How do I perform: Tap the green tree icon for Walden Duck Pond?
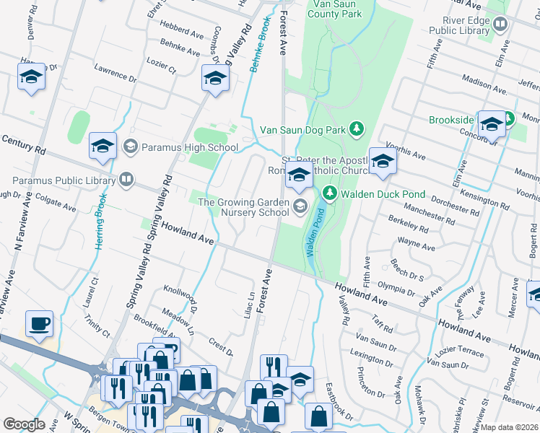pos(330,193)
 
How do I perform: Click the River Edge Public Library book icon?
pos(500,25)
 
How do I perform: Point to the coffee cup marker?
pos(39,323)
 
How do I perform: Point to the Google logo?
pos(25,424)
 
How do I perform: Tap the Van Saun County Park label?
pos(334,9)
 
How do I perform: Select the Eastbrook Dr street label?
pos(339,401)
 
